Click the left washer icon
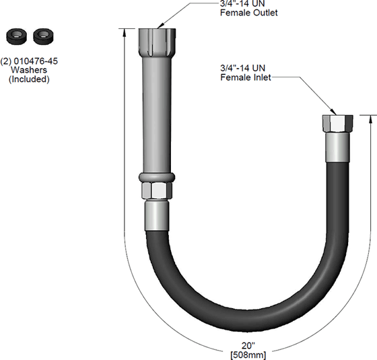click(x=13, y=35)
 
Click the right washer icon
click(x=42, y=35)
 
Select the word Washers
click(x=28, y=69)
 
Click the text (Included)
click(x=28, y=79)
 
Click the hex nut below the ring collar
click(x=157, y=192)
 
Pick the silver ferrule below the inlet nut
click(x=335, y=149)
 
